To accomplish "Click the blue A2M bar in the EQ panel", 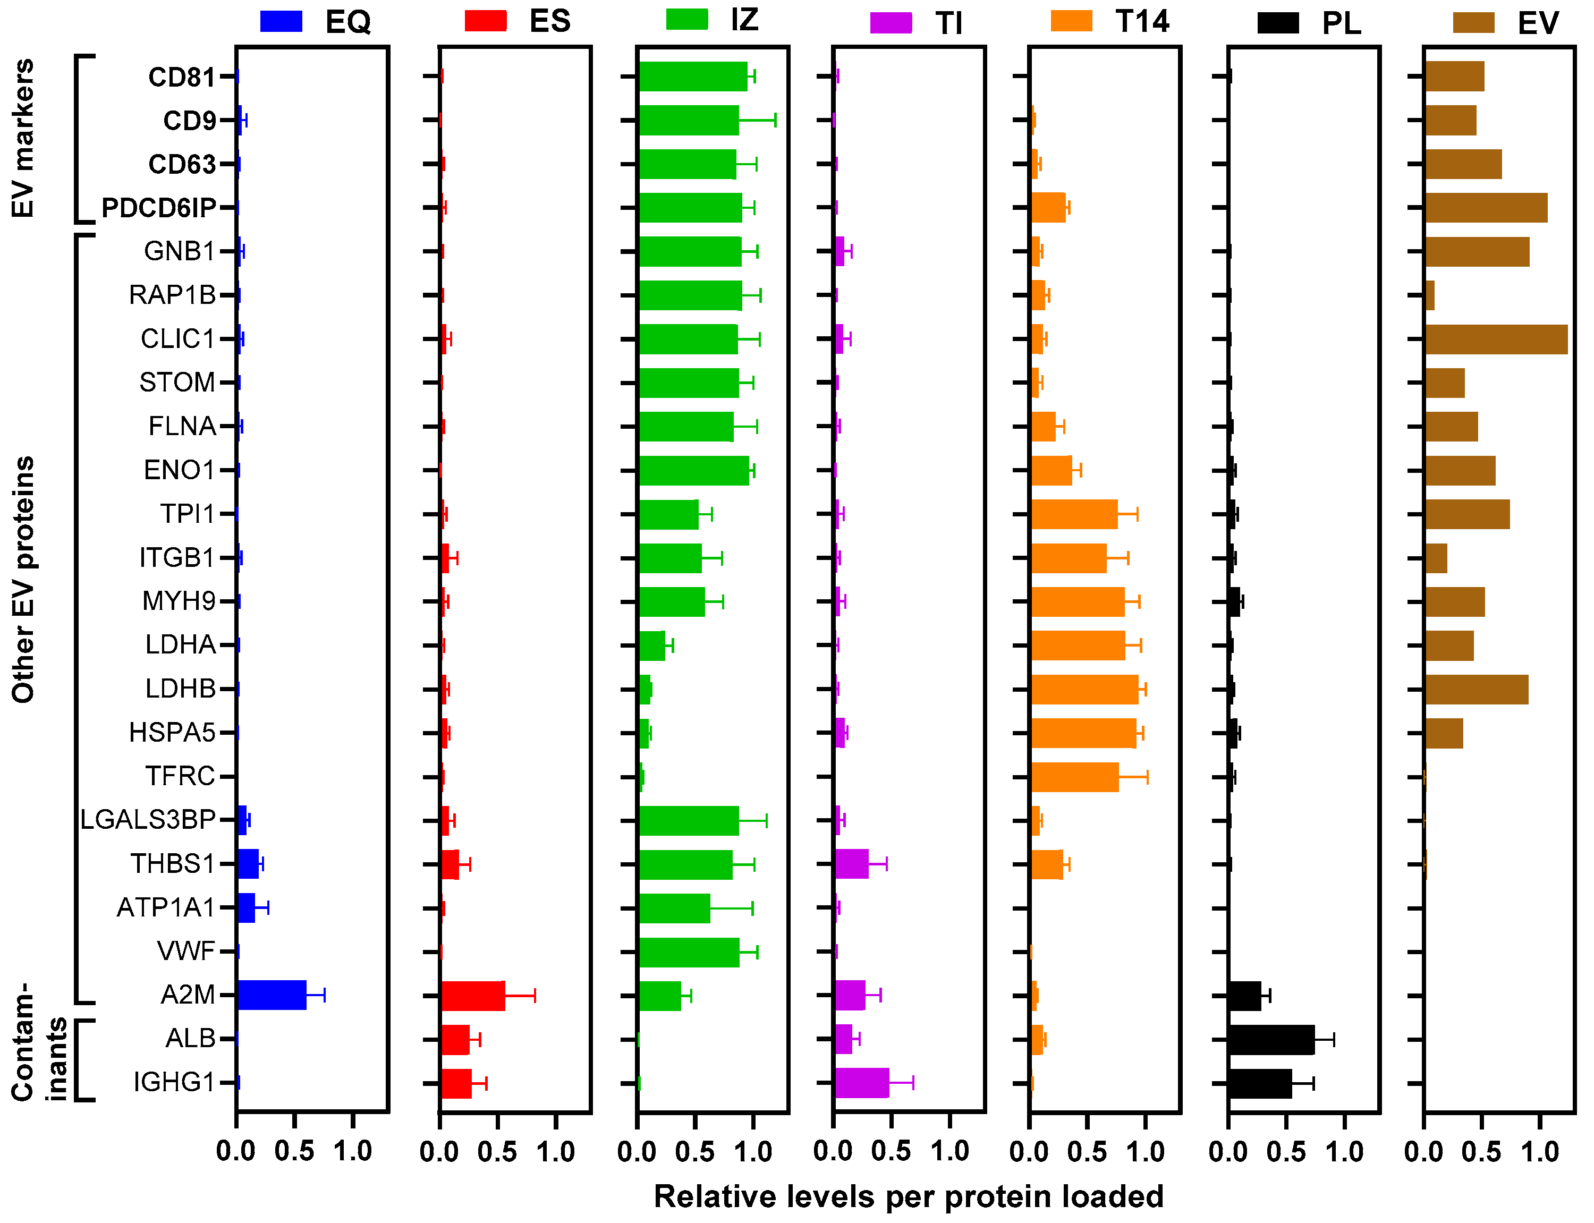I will (272, 995).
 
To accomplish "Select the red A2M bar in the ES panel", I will (473, 995).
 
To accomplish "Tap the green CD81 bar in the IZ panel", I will (693, 77).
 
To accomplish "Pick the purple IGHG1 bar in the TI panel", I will (862, 1083).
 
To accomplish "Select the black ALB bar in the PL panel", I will (1271, 1039).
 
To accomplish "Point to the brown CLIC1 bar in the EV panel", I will (1496, 339).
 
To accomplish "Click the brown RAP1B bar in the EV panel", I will (1429, 295).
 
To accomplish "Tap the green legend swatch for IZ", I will (686, 20).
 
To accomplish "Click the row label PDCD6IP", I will (159, 208).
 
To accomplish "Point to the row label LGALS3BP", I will (148, 820).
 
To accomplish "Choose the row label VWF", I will (185, 951).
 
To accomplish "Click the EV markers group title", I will (22, 138).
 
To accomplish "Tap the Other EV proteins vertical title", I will (22, 579).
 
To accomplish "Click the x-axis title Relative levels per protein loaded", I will (909, 1196).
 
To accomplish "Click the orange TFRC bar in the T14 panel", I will (1075, 777).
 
